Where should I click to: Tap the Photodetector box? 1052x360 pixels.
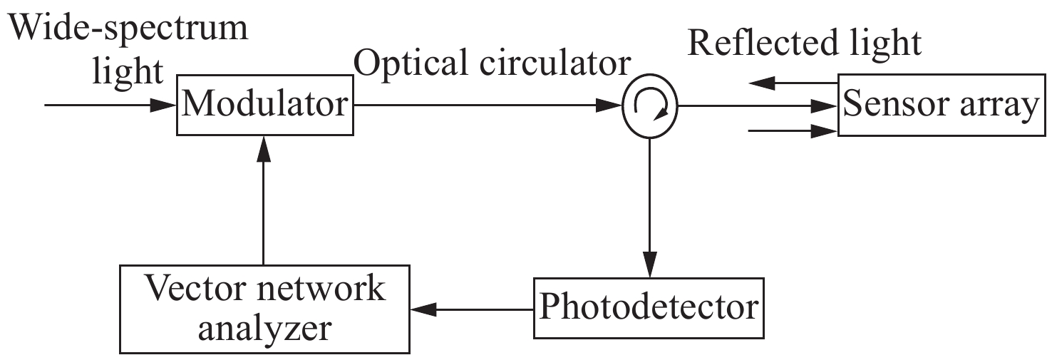tap(648, 309)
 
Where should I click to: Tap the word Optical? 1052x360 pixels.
tap(406, 64)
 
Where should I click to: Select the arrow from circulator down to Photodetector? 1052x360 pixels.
tap(649, 207)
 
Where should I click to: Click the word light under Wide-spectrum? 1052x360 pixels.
tap(128, 71)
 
